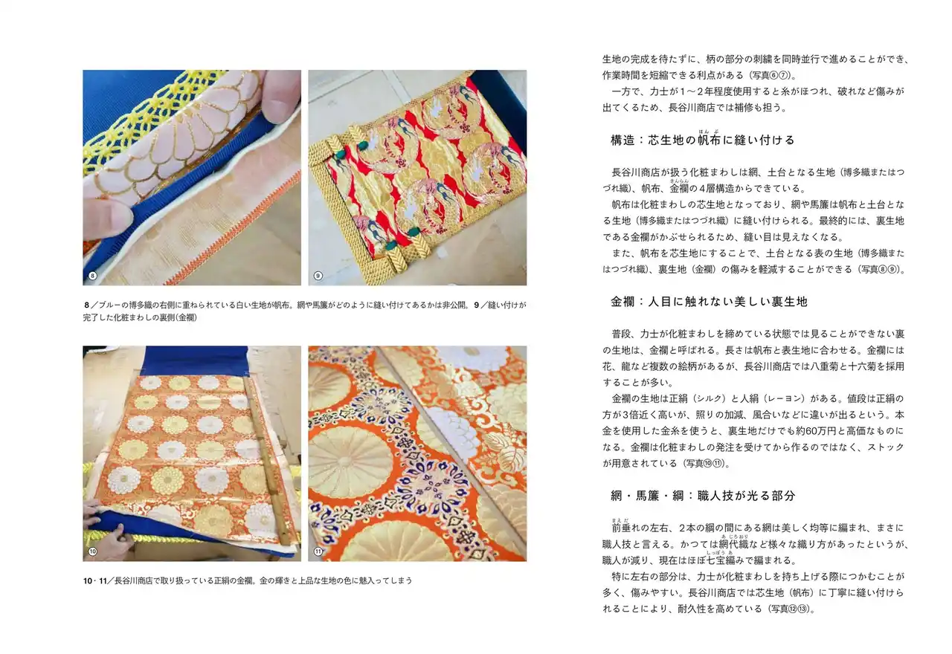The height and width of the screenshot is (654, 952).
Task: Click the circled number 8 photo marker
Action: point(93,276)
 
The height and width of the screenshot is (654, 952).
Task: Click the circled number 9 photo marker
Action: point(318,276)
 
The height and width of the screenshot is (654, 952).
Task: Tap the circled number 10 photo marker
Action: point(93,551)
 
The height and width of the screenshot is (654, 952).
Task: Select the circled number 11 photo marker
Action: point(318,551)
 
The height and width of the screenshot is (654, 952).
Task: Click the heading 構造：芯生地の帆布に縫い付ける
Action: point(703,140)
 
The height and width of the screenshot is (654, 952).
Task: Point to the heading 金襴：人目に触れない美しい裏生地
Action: point(709,302)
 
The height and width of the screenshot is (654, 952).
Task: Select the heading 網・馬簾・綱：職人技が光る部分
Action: point(703,496)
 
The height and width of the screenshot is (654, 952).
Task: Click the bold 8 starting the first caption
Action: point(87,305)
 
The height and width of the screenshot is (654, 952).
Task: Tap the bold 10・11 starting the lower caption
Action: point(94,580)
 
